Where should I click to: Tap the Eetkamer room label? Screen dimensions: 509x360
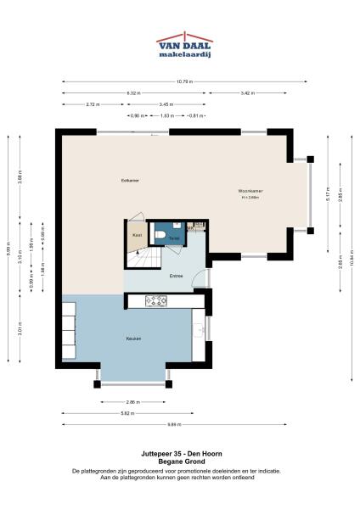[x=130, y=181]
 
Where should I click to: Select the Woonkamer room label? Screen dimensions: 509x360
[x=250, y=191]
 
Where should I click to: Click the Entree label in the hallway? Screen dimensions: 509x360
[x=176, y=275]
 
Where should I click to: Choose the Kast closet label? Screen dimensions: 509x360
[x=135, y=235]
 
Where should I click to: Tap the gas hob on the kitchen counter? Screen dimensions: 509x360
[x=156, y=299]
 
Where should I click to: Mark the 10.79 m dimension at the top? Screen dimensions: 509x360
[x=184, y=81]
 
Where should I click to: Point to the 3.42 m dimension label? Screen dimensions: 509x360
[x=245, y=92]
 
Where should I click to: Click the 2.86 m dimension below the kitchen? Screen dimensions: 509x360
[x=132, y=400]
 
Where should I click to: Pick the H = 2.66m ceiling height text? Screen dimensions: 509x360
[x=250, y=197]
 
